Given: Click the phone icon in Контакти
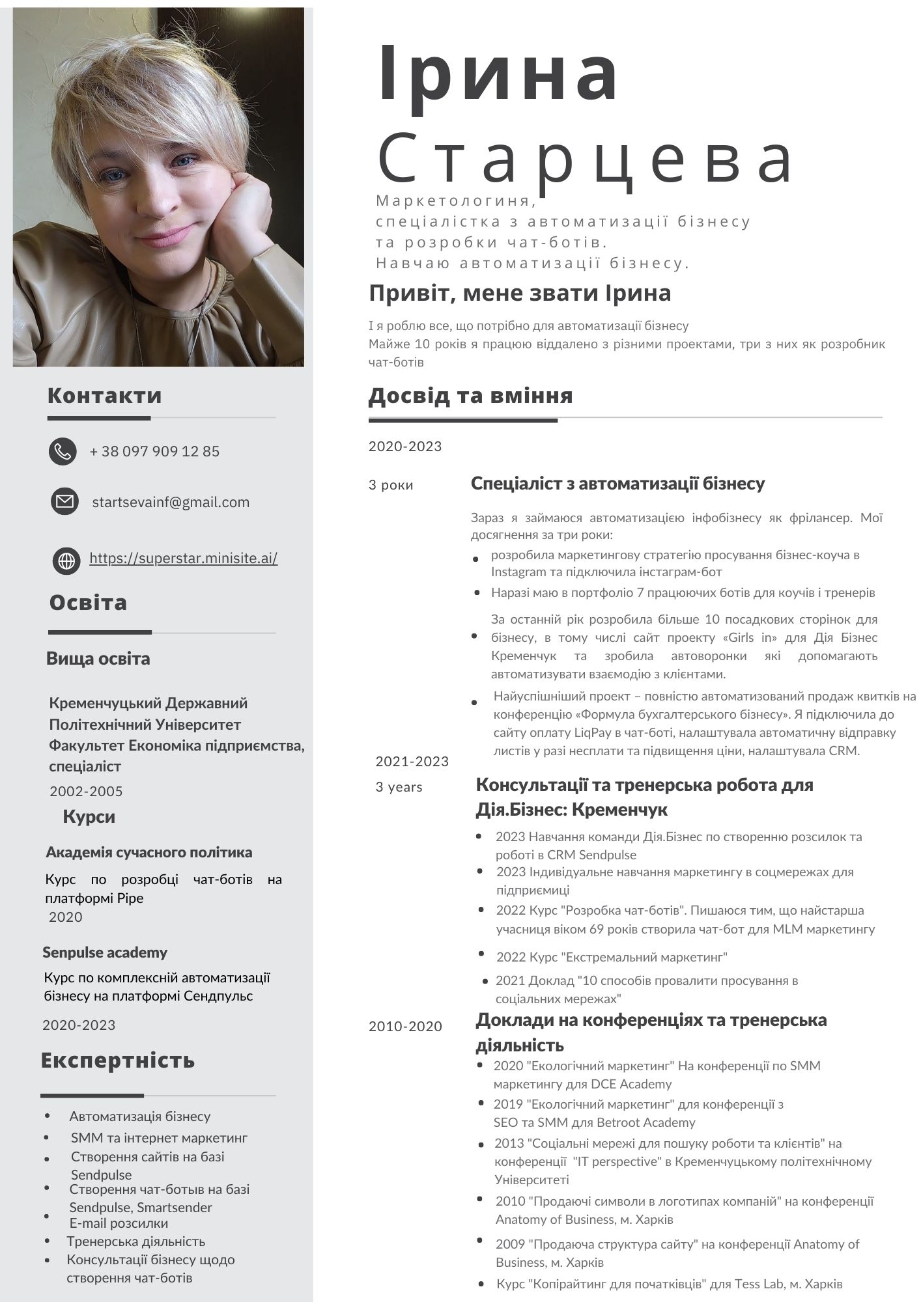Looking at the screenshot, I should point(63,451).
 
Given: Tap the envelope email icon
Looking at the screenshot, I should point(64,501).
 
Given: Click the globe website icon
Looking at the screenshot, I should point(66,560).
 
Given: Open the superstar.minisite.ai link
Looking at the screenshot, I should point(183,558).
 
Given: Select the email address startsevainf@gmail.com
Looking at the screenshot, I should point(171,502).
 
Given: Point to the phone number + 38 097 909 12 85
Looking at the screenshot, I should point(154,451).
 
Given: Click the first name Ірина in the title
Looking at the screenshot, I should point(498,73).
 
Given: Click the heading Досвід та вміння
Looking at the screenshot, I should point(470,395).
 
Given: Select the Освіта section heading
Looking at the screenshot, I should point(88,602).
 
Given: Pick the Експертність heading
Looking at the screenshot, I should point(118,1060).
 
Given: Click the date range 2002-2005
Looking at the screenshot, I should point(86,791).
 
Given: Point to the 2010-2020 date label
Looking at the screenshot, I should point(405,1027).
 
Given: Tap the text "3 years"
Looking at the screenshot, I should point(399,786).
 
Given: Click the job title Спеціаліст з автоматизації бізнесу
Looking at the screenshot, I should point(617,483).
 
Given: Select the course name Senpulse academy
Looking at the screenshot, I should point(105,952).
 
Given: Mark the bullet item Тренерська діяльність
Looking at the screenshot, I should point(135,1241).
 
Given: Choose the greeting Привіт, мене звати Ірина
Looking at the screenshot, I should point(520,293).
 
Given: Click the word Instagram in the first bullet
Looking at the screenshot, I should point(518,572).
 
